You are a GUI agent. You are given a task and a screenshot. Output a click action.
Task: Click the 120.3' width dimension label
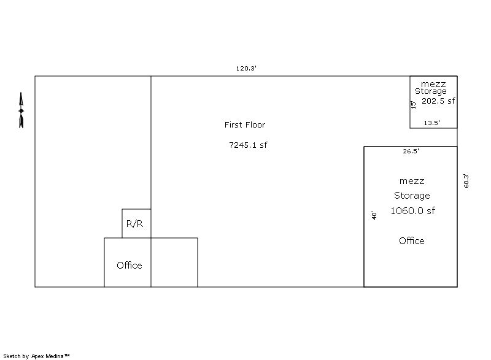(246, 68)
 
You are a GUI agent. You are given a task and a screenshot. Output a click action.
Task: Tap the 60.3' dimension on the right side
(466, 180)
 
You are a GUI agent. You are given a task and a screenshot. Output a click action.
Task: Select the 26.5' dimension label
(411, 151)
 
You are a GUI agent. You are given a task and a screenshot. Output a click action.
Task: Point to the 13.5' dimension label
(432, 123)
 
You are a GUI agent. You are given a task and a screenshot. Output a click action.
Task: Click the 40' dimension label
(374, 215)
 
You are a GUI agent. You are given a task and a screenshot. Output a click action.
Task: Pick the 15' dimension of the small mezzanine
(413, 105)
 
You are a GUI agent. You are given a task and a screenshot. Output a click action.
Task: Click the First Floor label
(244, 124)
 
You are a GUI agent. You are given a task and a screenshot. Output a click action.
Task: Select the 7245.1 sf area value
(249, 145)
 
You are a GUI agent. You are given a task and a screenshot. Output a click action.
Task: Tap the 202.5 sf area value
(438, 101)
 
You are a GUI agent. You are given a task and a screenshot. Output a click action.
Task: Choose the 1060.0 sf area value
(412, 210)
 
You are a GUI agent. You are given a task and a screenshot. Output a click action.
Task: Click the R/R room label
(134, 224)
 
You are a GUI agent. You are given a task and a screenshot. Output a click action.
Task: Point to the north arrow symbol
(21, 110)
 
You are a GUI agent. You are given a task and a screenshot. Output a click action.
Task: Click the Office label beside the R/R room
(130, 265)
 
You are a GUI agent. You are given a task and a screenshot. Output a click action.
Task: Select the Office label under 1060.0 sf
(412, 240)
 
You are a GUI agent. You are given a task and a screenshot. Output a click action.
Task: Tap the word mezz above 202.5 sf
(433, 85)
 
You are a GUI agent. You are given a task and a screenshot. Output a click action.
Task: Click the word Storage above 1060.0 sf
(412, 196)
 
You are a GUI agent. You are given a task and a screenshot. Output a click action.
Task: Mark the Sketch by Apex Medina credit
(36, 356)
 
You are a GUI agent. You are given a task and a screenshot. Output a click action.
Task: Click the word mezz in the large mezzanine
(412, 181)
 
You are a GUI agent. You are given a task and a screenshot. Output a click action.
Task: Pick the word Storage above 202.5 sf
(431, 91)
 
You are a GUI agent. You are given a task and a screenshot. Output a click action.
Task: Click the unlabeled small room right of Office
(174, 262)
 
